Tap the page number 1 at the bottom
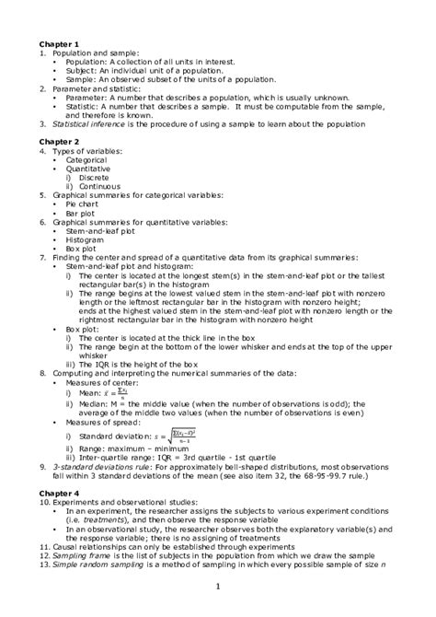pyautogui.click(x=218, y=586)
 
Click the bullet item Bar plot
pyautogui.click(x=93, y=213)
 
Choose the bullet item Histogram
pyautogui.click(x=98, y=239)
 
